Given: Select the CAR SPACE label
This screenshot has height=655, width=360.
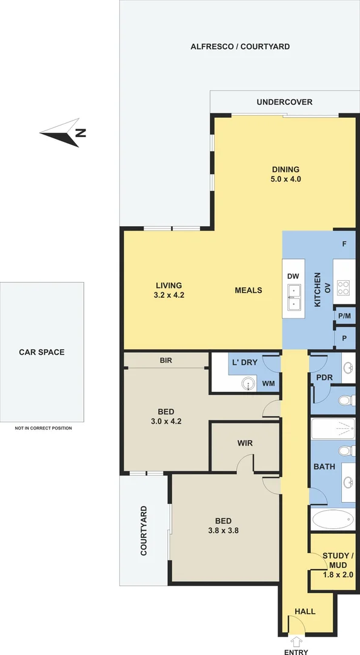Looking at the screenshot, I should point(41,352).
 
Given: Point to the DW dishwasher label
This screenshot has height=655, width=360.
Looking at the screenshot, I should point(293,277).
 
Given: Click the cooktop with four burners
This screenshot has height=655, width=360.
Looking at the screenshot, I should point(344,288).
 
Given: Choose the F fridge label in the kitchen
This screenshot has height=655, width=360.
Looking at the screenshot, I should point(344,244).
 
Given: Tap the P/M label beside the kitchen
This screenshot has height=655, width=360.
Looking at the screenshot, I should point(344,316).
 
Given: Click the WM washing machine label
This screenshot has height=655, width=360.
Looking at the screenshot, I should point(268,383).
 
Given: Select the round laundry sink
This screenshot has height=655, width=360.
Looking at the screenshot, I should point(250,383).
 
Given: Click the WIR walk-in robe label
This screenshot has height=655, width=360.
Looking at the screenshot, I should point(245,443).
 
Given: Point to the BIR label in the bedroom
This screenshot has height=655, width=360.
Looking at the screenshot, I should point(166,360).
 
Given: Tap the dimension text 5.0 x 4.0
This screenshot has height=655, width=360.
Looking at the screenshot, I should point(285,179).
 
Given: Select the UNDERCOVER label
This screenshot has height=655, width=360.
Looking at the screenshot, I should point(284,102).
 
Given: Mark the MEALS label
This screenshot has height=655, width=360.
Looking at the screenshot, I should point(248,290).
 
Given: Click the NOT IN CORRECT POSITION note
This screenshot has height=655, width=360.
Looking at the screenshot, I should point(43,428).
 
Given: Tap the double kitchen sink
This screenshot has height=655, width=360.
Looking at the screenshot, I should point(293,298).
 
